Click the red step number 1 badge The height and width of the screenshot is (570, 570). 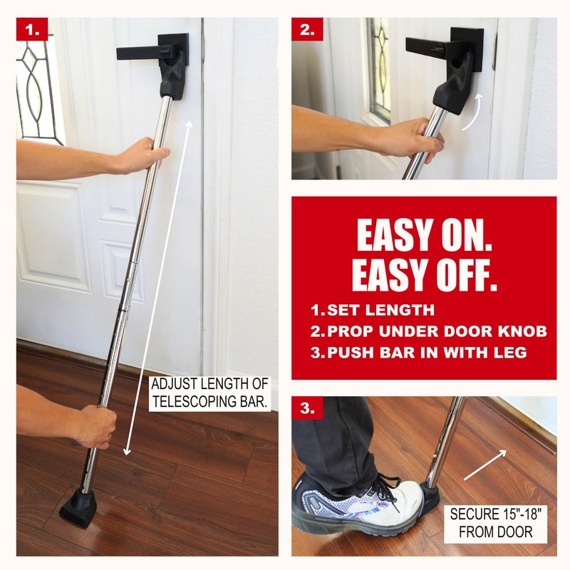pos(32,31)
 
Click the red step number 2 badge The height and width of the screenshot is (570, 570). pos(307,31)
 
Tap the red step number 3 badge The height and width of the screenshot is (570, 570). pos(307,409)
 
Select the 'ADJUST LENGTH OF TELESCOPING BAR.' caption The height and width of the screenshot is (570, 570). pos(210,393)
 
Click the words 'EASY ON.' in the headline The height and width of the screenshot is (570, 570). pos(424,236)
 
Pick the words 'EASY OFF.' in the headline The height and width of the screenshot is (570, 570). pos(424,276)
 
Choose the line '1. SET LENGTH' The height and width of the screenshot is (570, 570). pos(372,311)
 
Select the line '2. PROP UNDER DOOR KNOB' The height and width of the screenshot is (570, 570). pos(427,331)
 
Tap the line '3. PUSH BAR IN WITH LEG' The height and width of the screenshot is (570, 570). pos(418,352)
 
